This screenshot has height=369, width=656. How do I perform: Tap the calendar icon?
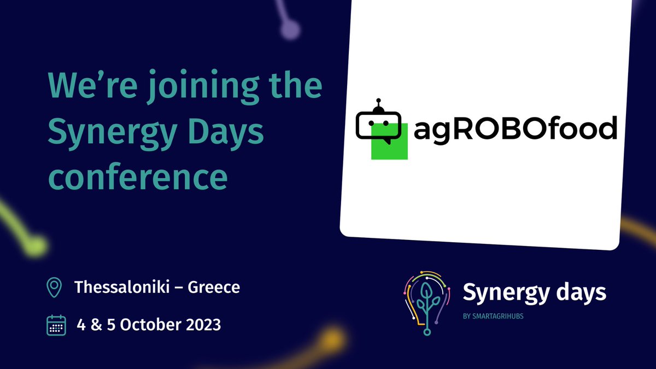[x=56, y=324]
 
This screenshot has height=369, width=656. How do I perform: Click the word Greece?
[x=214, y=287]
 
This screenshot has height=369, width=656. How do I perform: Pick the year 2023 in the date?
[x=200, y=324]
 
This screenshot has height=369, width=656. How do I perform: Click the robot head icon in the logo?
[x=378, y=124]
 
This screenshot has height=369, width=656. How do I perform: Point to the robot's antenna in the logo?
[x=376, y=104]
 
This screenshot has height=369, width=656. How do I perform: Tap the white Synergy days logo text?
[x=534, y=293]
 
